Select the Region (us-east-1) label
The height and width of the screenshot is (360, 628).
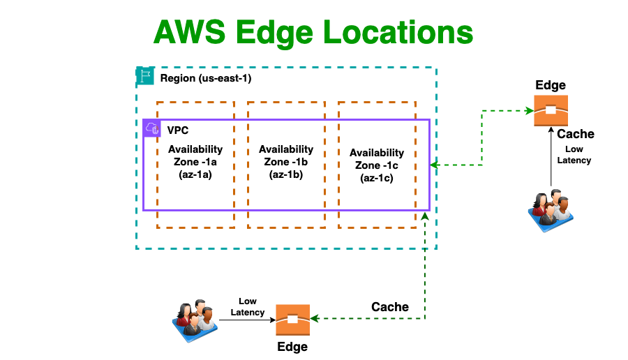coord(206,78)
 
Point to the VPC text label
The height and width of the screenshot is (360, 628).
coord(177,130)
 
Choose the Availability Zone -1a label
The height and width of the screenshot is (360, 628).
coord(195,162)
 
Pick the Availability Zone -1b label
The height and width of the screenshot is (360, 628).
coord(286,162)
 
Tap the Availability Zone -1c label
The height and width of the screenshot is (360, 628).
coord(377,165)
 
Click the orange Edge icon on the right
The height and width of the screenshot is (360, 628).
coord(551,110)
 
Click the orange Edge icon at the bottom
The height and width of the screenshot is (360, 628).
coord(292,320)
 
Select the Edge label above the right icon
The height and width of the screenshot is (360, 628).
coord(551,85)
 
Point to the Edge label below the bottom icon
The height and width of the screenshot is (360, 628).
coord(292,346)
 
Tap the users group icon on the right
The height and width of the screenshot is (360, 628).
coord(551,208)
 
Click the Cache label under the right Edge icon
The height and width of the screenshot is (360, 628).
coord(576,134)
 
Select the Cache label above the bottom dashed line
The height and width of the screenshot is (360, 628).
coord(390,307)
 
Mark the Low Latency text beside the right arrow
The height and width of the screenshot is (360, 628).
coord(574,155)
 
